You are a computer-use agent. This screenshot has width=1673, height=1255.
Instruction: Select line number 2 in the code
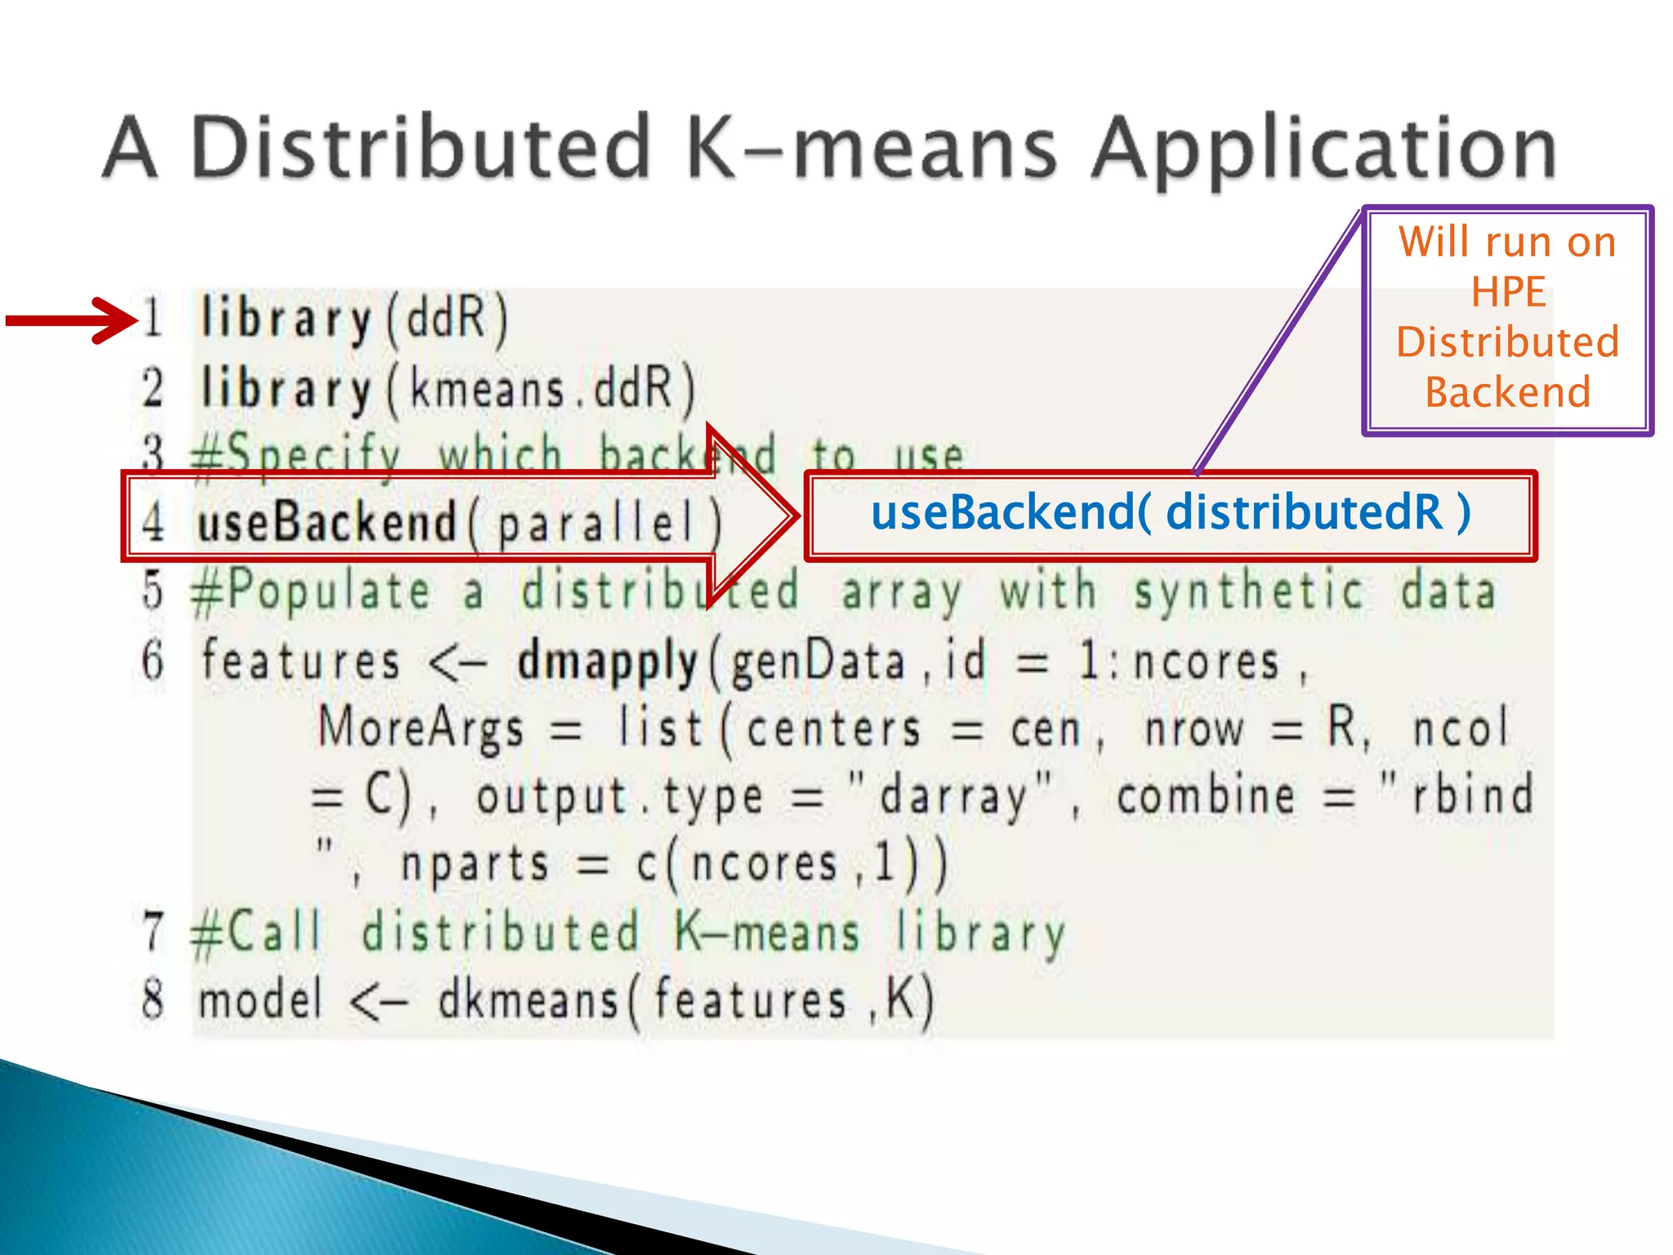(153, 387)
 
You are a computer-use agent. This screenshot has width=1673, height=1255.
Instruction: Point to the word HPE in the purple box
(1508, 292)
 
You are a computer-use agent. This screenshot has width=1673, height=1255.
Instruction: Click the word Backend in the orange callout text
(1508, 392)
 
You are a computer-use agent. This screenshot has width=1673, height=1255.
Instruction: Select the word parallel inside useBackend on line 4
(596, 523)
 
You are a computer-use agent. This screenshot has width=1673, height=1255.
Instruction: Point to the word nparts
(474, 864)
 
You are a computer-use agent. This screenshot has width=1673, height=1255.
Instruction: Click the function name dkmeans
(528, 999)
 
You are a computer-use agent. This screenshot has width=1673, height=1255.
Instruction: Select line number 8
(153, 999)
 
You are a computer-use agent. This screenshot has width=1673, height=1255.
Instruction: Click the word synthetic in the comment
(1248, 592)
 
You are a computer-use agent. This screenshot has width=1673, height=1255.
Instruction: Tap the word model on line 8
(260, 999)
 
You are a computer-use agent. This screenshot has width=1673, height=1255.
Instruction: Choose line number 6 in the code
(153, 660)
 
